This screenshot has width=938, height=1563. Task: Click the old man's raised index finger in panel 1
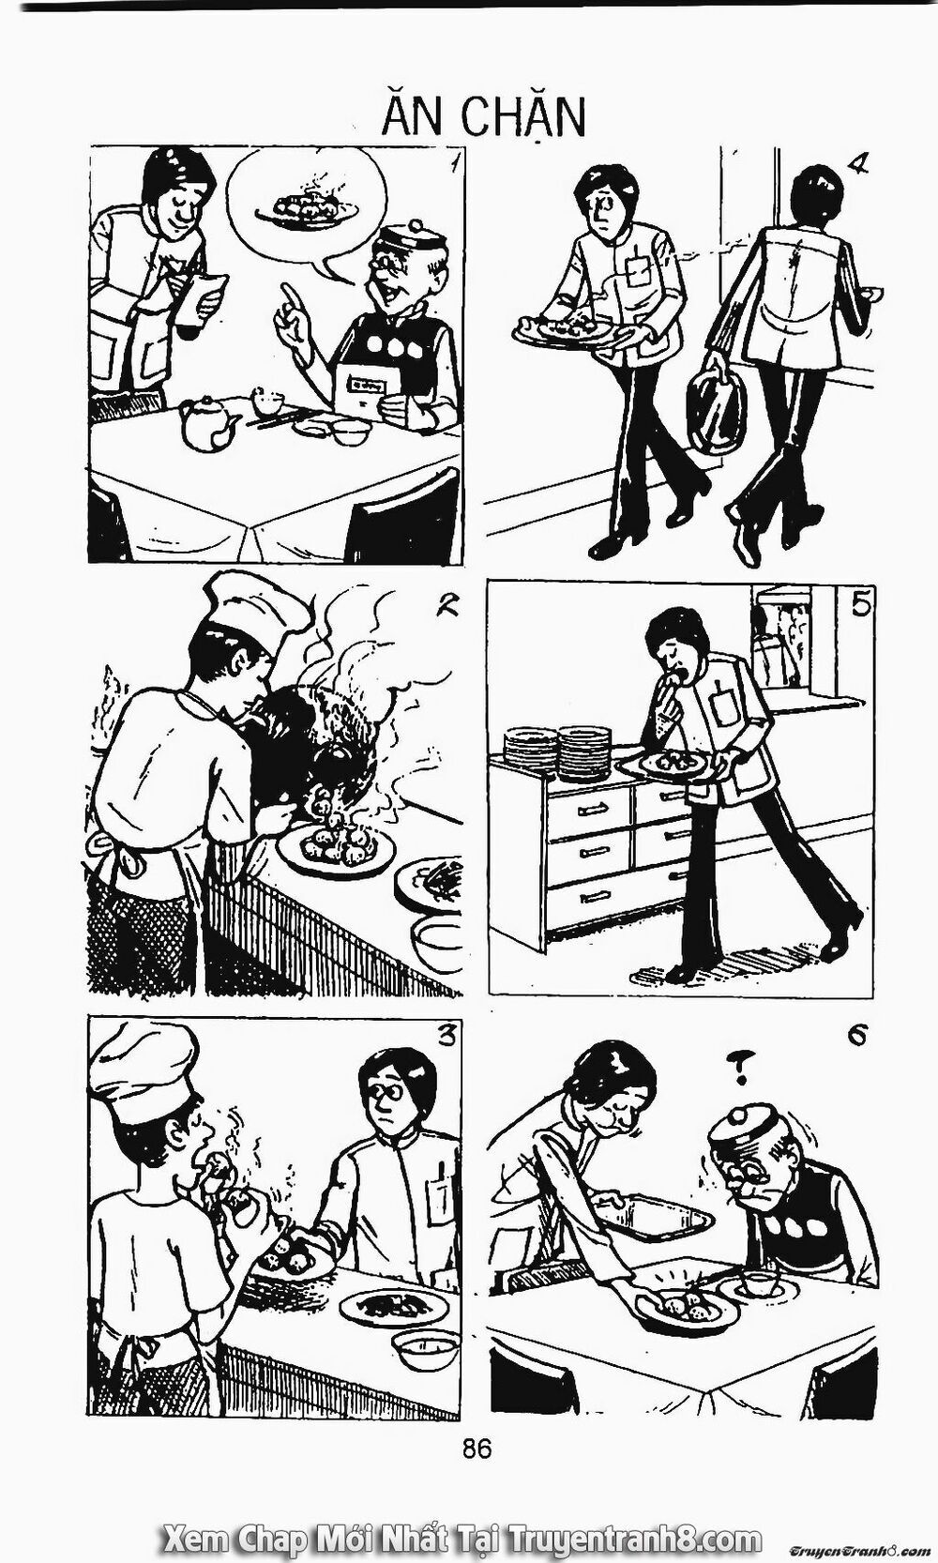[x=291, y=302]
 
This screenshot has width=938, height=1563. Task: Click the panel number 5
[x=861, y=606]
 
